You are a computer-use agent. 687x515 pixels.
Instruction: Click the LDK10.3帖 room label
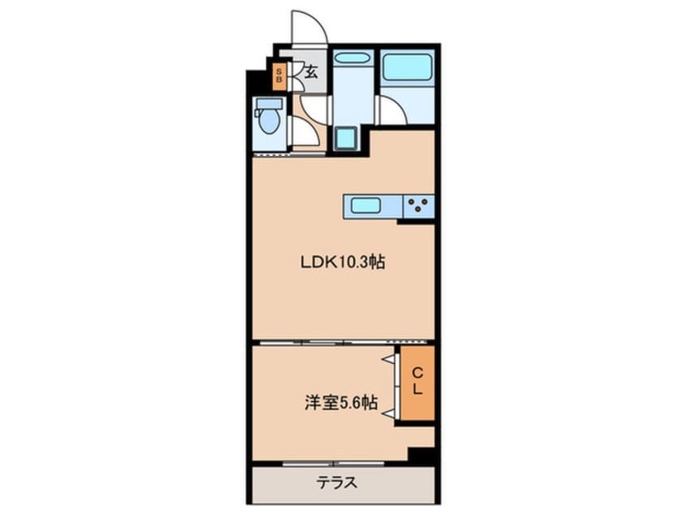click(343, 262)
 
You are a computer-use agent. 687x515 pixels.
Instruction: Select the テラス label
click(336, 483)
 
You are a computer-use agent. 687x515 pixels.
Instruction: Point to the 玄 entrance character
click(311, 71)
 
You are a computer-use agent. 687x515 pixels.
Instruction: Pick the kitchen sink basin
click(366, 205)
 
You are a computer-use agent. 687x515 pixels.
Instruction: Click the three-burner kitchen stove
click(420, 205)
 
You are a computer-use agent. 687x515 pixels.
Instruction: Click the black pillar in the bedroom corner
click(421, 456)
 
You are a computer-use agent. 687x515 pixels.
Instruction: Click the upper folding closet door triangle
click(390, 358)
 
